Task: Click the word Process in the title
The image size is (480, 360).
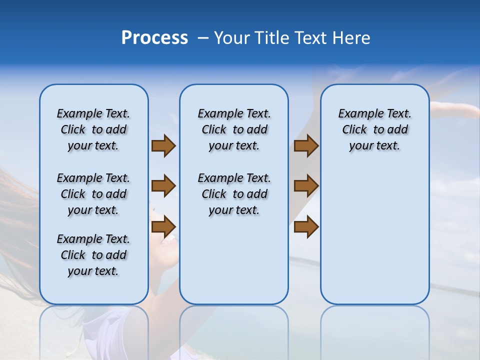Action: (154, 38)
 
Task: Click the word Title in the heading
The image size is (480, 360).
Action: (270, 38)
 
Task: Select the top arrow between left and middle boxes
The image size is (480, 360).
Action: (163, 146)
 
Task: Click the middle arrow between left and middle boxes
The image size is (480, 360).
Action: (163, 186)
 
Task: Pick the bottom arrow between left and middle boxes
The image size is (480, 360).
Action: (163, 226)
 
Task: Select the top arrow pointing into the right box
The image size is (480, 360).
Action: (306, 146)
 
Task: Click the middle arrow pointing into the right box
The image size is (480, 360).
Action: (306, 186)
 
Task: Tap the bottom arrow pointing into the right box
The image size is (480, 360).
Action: (306, 226)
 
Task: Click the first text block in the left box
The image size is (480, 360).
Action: (93, 129)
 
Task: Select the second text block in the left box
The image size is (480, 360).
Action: (93, 194)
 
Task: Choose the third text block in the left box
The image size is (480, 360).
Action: (93, 255)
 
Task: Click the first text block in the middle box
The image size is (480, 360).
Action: (234, 129)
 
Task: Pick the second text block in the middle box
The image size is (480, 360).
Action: (234, 194)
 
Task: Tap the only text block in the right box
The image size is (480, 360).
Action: (374, 129)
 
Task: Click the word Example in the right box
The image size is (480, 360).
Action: (357, 114)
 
